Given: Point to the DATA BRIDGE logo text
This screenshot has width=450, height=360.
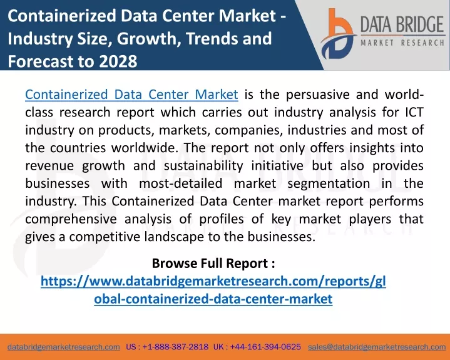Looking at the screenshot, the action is point(402,24).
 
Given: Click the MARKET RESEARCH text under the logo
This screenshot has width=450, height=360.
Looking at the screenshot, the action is point(402,43).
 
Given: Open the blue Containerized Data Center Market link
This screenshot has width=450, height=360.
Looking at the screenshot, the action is point(131,95).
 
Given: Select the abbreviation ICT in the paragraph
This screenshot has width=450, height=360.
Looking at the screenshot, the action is point(414,112).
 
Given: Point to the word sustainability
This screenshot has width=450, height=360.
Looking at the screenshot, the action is point(203,166).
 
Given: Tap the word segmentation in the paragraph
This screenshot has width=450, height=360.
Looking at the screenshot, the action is point(329,183).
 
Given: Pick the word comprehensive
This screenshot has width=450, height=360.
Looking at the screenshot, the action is point(71,219).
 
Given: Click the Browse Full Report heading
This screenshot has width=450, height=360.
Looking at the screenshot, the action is point(213,263).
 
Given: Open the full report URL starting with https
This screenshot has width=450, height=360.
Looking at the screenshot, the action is point(213,290).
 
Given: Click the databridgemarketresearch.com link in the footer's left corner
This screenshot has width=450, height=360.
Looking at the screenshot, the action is point(64,347).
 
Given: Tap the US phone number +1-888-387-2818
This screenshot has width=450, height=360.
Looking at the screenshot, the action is point(175,347).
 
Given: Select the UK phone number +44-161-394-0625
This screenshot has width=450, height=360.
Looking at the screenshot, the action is point(265,347).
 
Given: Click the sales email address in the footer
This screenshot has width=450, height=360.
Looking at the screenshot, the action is point(377,347).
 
